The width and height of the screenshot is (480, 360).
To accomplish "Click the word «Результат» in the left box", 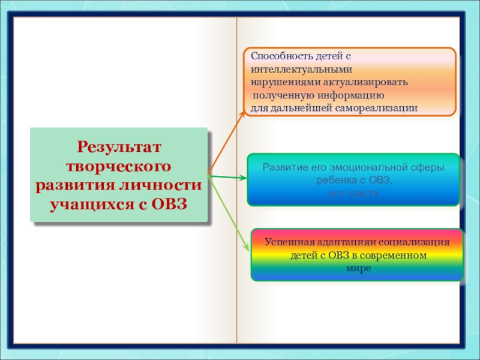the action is click(x=119, y=146).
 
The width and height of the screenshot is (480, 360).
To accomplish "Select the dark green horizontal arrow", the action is click(x=227, y=176).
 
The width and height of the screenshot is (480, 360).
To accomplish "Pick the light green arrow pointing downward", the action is click(x=229, y=212).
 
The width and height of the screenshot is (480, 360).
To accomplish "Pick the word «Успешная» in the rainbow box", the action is click(x=285, y=242).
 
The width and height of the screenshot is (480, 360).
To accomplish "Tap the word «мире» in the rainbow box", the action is click(x=359, y=268).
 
